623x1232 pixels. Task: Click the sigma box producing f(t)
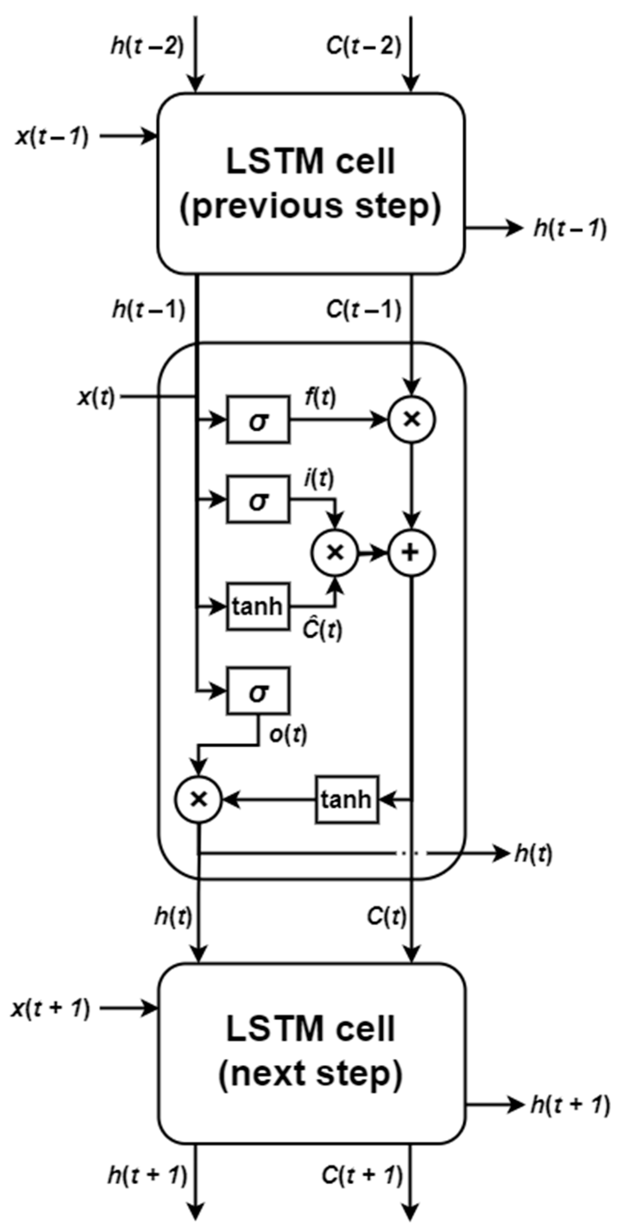pos(258,420)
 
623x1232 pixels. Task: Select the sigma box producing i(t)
pos(258,500)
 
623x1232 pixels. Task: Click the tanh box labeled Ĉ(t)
pos(258,606)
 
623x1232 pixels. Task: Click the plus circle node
pos(411,553)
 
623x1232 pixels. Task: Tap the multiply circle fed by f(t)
pos(411,419)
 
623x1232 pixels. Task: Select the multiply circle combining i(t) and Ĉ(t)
pos(335,553)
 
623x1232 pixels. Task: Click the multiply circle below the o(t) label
pos(198,799)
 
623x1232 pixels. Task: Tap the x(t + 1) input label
pos(50,1009)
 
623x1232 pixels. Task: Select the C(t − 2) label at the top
pos(363,47)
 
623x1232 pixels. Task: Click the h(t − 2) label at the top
pos(147,47)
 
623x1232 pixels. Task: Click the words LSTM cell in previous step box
pos(311,162)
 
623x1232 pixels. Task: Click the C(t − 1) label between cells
pos(363,310)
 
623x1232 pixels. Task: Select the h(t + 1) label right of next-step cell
pos(570,1105)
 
